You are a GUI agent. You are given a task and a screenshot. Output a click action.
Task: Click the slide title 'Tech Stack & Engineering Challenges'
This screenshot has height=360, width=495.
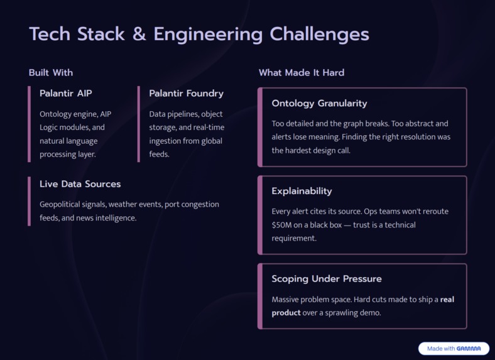point(199,34)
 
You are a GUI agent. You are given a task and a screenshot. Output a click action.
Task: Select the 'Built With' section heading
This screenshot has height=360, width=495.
point(51,73)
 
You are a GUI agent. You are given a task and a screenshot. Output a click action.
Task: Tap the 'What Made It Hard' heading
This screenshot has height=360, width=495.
point(302,73)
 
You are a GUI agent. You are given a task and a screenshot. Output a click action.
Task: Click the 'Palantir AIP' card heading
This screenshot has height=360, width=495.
point(66,94)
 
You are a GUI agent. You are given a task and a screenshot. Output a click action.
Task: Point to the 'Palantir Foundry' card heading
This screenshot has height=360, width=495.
point(186,94)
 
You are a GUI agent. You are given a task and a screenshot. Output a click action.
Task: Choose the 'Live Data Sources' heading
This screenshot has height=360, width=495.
point(80,184)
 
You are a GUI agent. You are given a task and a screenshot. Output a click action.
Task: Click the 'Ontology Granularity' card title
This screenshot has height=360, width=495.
point(319,103)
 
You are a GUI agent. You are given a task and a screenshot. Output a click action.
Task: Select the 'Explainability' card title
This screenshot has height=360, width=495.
point(302,191)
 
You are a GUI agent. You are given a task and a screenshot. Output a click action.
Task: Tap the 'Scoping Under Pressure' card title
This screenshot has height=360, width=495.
point(327,279)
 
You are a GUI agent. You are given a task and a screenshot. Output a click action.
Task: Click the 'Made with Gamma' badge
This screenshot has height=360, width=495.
point(454,349)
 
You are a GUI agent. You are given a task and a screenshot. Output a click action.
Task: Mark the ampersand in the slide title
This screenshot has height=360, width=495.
point(139,34)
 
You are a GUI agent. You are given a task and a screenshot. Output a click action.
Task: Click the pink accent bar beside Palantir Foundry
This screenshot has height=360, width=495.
point(139,124)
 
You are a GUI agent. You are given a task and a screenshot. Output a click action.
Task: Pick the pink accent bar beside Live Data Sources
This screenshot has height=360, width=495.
point(29,200)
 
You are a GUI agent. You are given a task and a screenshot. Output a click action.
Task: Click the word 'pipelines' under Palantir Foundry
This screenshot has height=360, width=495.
point(182,114)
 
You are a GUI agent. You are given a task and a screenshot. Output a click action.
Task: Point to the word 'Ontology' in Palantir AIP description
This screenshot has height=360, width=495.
point(57,114)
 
